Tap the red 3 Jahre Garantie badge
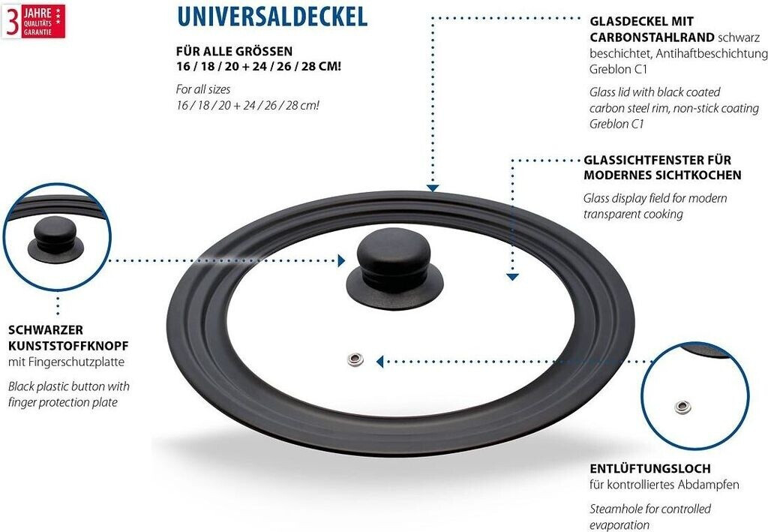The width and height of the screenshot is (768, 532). tap(33, 20)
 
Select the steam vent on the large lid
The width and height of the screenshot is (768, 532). tap(356, 359)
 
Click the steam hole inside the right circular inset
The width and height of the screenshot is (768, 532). tap(682, 407)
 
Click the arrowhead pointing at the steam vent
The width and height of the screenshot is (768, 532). tap(380, 361)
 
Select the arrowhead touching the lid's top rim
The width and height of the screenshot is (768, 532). tap(432, 188)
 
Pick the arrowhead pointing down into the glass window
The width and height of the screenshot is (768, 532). tap(512, 276)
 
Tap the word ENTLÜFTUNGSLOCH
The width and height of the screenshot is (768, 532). tap(649, 468)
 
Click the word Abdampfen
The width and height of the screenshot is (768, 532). tap(712, 485)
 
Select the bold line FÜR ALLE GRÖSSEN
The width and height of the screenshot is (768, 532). tap(233, 51)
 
